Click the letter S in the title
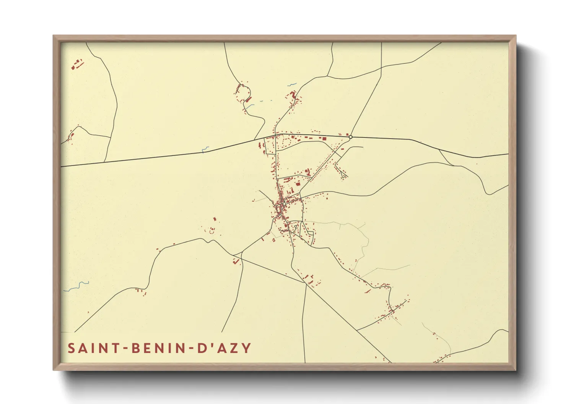point(72,348)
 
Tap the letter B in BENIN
point(135,348)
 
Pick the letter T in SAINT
point(115,348)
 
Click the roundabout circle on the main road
point(350,137)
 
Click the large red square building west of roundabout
point(324,138)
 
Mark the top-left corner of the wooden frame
point(54,36)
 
